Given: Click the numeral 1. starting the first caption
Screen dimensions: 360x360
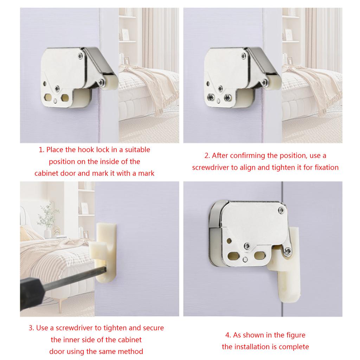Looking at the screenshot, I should point(41,150).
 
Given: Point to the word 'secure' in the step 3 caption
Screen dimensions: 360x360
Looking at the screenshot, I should point(153,328).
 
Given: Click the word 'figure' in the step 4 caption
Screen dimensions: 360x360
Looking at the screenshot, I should point(295,335).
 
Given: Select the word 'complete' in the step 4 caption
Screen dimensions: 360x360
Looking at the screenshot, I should point(294,347).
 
